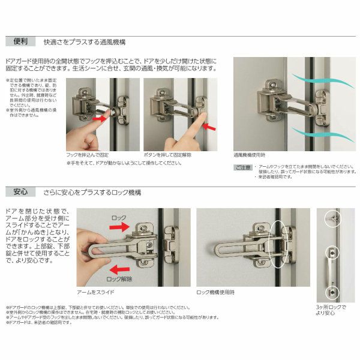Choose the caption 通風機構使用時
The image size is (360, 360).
252,155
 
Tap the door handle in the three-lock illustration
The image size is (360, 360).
331,270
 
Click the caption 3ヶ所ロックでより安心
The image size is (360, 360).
331,308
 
